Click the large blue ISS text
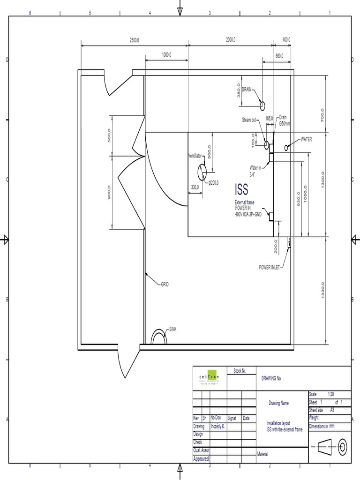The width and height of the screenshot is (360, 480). (241, 189)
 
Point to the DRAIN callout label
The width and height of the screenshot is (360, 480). (247, 89)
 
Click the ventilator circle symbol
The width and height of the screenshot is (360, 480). (202, 172)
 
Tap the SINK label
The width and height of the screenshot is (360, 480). (173, 330)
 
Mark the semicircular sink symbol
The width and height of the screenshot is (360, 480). (159, 337)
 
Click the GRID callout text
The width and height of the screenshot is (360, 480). (165, 284)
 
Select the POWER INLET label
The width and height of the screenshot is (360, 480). (270, 267)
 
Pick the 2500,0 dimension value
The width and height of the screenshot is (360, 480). (135, 40)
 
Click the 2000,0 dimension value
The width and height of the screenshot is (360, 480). (231, 40)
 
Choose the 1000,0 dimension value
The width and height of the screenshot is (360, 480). (166, 55)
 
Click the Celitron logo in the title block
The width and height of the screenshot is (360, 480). (210, 377)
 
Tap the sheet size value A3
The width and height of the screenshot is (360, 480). (332, 409)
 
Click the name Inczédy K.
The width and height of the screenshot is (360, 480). (218, 427)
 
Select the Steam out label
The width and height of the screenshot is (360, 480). (249, 120)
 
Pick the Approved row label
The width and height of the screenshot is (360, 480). (201, 459)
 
